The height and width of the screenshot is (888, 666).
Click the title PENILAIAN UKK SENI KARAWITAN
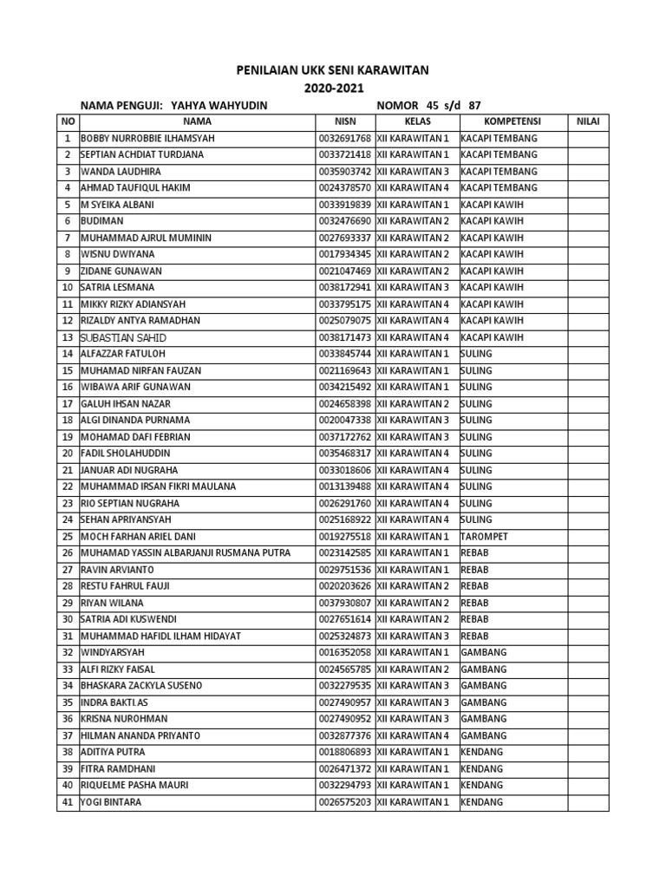[333, 70]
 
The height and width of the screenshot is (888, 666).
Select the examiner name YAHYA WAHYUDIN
[219, 106]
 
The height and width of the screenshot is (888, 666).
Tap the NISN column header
[345, 121]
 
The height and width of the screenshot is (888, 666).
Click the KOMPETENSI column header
[513, 121]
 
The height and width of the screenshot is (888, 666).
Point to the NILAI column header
[588, 121]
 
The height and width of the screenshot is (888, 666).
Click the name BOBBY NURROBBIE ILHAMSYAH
[147, 139]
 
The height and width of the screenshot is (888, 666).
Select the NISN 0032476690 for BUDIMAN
[345, 221]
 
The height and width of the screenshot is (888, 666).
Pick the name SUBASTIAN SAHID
[123, 337]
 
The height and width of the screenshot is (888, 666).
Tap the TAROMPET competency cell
[484, 537]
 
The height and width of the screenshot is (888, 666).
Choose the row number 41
[67, 802]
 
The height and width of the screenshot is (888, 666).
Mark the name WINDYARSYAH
[113, 653]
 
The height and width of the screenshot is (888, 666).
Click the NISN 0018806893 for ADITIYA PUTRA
[345, 752]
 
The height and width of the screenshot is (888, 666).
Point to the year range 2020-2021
[333, 88]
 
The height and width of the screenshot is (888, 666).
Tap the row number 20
[67, 454]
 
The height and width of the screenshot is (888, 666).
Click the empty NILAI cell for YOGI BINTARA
[588, 802]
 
